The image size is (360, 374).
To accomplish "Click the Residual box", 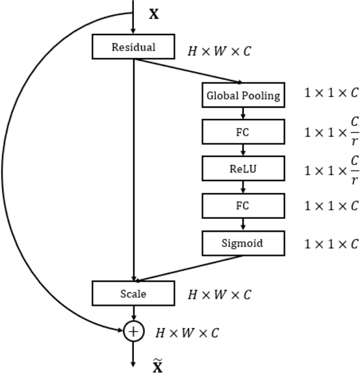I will tap(133, 47).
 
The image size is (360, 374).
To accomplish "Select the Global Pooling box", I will tap(243, 95).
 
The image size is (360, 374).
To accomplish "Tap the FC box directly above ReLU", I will tap(243, 132).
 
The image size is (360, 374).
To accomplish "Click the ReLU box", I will tap(243, 169).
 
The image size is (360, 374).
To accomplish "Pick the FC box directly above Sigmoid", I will tap(243, 206).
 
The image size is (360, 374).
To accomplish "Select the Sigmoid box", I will tap(243, 243).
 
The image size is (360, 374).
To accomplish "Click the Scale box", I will tap(133, 293).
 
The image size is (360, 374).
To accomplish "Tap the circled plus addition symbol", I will tap(133, 332).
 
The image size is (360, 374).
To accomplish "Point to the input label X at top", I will tap(154, 14).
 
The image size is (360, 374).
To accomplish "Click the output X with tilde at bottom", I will tap(157, 366).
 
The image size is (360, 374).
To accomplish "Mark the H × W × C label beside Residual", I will tap(219, 51).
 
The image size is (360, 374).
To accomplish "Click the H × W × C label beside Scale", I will tap(219, 295).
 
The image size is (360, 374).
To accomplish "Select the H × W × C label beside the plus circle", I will tap(187, 333).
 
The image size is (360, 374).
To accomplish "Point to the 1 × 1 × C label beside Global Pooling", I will tap(331, 93).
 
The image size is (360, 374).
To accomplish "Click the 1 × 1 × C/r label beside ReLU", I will tap(331, 169).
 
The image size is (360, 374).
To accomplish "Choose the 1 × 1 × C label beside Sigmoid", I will tap(331, 244).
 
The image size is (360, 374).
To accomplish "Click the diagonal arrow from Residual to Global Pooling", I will tap(188, 71).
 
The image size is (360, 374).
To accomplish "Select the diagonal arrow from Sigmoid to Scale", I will tap(188, 268).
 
